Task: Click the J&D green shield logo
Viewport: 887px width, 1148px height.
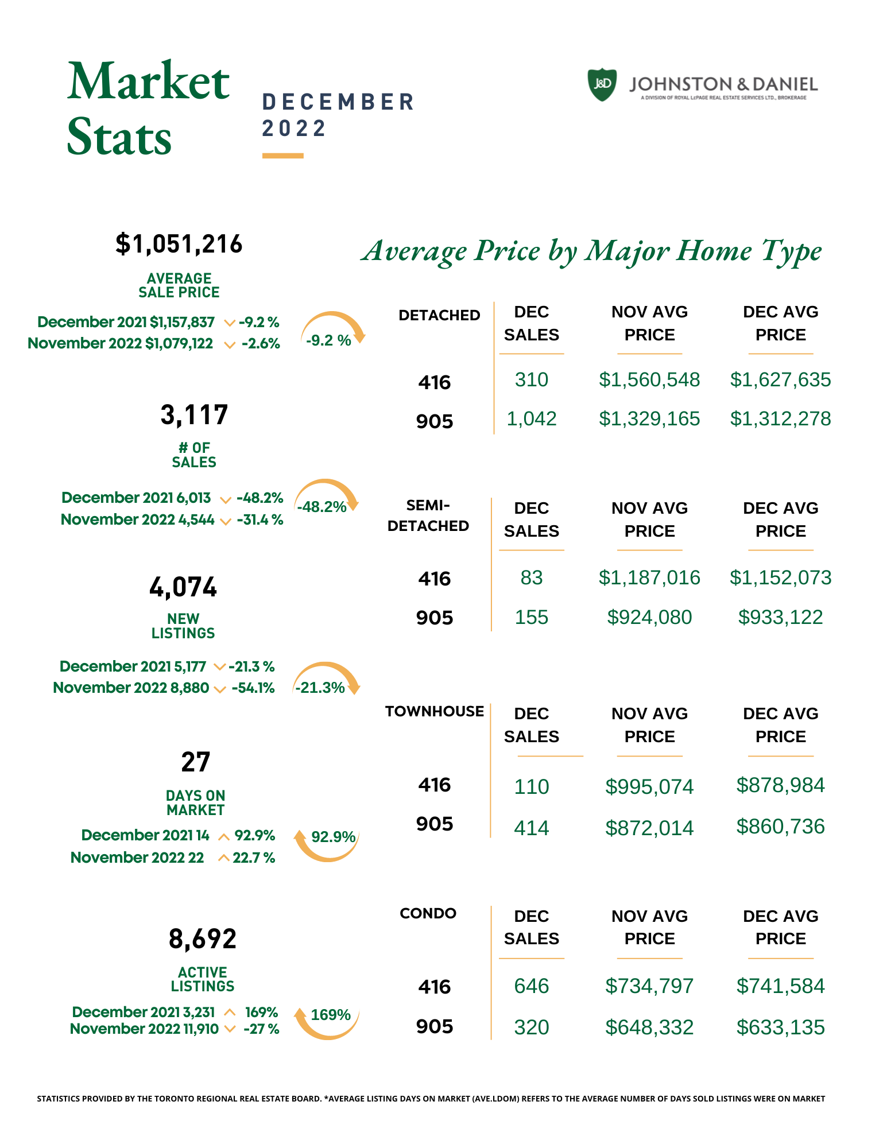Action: coord(602,85)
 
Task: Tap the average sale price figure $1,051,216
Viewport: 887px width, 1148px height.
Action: coord(179,244)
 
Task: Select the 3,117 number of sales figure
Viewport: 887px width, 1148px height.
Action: coord(194,414)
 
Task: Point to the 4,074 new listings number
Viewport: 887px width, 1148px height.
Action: coord(183,587)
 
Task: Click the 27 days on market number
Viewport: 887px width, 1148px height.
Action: coord(195,762)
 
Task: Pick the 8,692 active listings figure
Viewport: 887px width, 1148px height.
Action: coord(203,939)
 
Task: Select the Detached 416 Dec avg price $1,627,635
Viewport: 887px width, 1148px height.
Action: coord(780,379)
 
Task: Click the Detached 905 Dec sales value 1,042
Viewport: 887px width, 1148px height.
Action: coord(532,418)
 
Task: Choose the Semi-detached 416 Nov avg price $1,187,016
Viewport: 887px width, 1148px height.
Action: coord(649,577)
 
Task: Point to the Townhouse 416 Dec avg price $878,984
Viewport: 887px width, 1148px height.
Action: coord(780,785)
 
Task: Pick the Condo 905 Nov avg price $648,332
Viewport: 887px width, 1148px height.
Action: coord(649,1027)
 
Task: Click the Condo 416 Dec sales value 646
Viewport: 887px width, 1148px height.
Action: coord(532,986)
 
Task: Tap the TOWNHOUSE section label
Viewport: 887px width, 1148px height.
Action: coord(435,711)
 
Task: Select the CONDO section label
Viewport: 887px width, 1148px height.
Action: coord(428,913)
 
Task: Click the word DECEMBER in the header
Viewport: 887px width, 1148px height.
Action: coord(338,102)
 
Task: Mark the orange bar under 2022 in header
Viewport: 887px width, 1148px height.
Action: coord(283,156)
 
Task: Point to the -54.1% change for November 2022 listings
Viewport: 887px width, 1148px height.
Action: coord(253,688)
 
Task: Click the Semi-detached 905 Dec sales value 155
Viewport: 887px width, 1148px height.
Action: coord(532,617)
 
